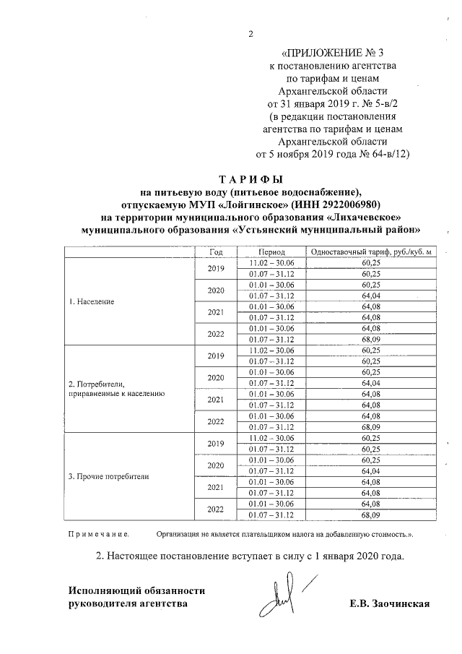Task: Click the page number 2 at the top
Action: (250, 34)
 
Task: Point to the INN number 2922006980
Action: (355, 204)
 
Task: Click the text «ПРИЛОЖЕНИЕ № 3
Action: (326, 53)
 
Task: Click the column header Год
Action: (216, 251)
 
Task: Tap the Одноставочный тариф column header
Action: (370, 251)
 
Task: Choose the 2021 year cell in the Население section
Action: (216, 312)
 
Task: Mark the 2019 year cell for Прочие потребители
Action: (216, 443)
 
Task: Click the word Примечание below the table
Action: (98, 535)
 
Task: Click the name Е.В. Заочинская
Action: (388, 603)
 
